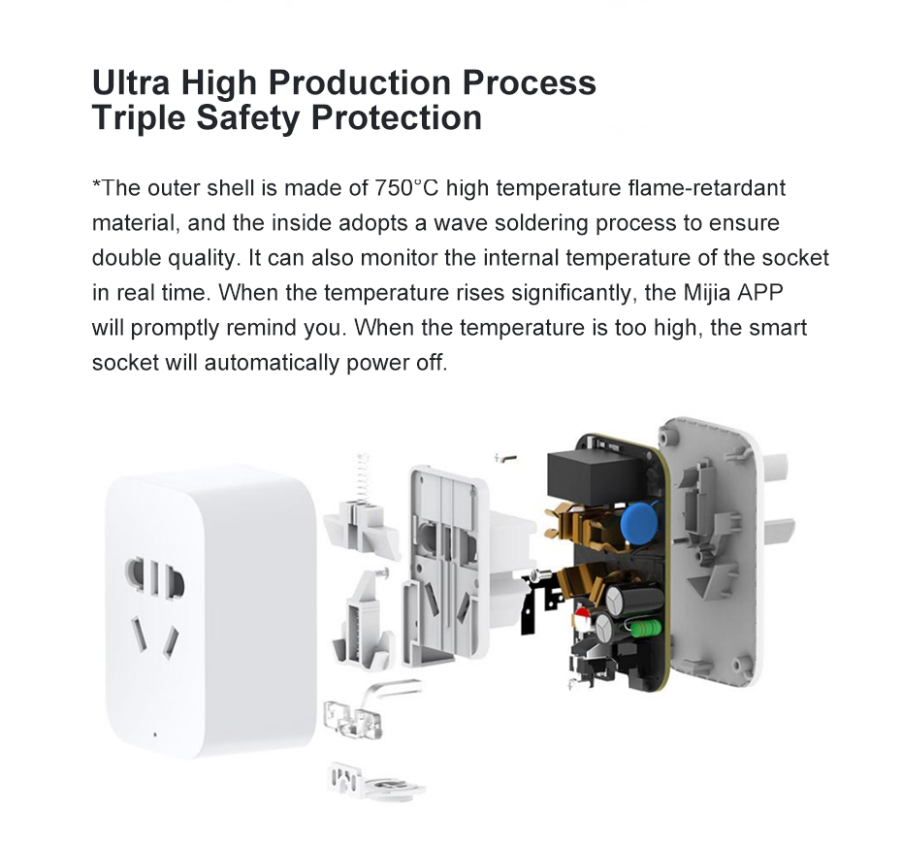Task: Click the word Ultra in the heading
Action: (131, 81)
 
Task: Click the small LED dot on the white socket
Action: (155, 734)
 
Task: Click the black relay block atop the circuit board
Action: (598, 474)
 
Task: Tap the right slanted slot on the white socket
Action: (171, 641)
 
